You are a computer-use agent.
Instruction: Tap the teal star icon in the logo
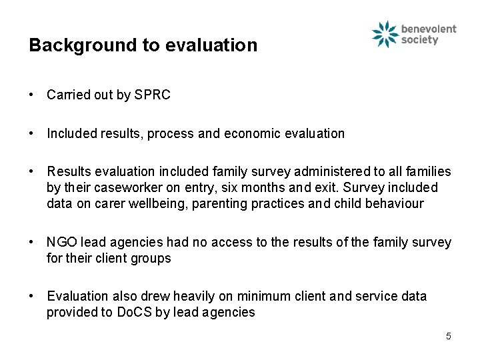(x=385, y=35)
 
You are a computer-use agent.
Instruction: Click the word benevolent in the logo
(x=429, y=29)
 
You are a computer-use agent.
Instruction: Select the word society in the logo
(x=420, y=40)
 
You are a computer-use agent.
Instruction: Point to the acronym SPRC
(x=152, y=95)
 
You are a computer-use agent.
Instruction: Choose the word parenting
(x=221, y=204)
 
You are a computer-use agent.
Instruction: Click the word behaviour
(x=392, y=204)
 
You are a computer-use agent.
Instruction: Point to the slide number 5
(x=448, y=337)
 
